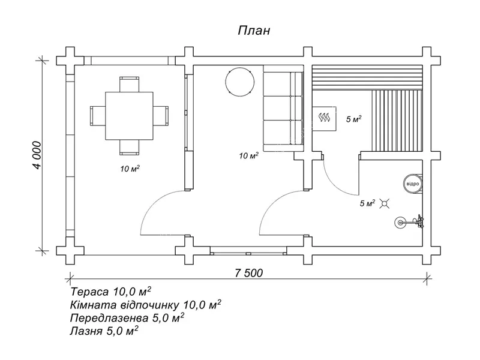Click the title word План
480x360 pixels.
point(254,31)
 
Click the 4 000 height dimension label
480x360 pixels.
point(37,155)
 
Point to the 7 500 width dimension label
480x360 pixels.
point(249,273)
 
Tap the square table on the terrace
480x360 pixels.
point(129,116)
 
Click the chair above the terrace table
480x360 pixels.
point(129,84)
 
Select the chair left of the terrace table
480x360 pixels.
point(98,116)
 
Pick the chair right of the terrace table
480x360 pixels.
point(161,116)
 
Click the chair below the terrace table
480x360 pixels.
point(129,147)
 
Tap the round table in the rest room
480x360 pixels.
point(239,82)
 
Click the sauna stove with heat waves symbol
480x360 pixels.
point(324,118)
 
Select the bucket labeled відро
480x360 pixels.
point(412,184)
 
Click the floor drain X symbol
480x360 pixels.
point(385,203)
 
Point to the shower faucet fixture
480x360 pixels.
point(410,222)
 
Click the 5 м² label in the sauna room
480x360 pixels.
point(353,119)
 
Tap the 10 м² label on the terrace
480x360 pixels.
point(130,169)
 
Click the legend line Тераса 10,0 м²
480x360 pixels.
point(110,292)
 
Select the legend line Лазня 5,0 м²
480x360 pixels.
point(104,331)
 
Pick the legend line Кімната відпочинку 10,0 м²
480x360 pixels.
point(146,305)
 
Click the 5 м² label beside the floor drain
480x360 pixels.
point(367,203)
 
